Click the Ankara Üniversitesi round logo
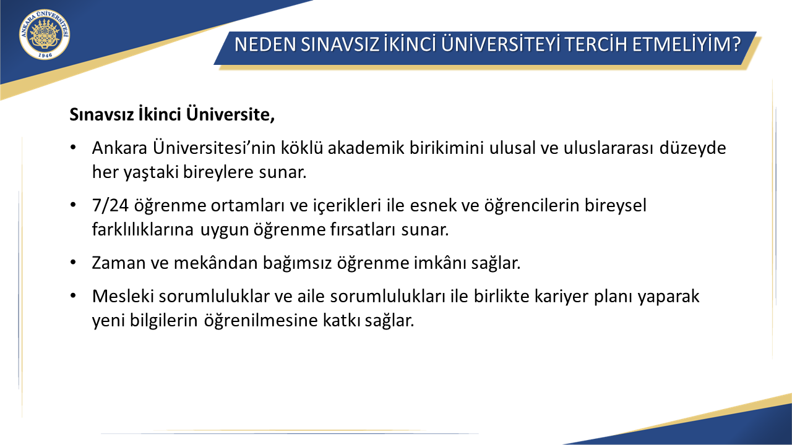(x=45, y=34)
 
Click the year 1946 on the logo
(x=45, y=55)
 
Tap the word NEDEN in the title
(x=265, y=44)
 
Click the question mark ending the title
(x=736, y=44)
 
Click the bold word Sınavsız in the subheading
(x=101, y=114)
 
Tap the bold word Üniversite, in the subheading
(x=231, y=114)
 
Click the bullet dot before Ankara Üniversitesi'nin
(x=73, y=147)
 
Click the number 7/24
(x=110, y=206)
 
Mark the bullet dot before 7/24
(x=73, y=205)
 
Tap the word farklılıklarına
(x=142, y=229)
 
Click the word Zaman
(x=114, y=263)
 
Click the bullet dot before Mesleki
(x=73, y=295)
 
